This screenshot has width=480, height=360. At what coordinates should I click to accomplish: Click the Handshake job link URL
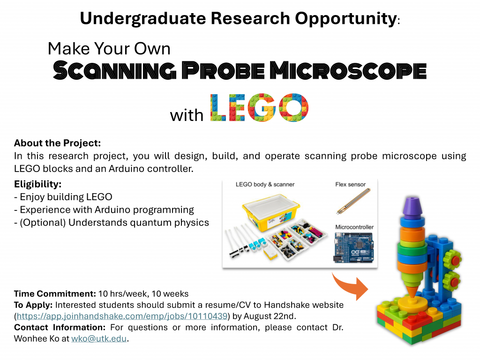point(122,316)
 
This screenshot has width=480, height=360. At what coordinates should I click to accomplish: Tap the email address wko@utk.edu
point(99,338)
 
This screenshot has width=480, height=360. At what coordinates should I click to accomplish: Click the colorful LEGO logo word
point(259,108)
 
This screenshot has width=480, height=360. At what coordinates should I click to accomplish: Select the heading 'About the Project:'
point(57,143)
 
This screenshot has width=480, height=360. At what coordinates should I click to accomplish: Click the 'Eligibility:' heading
point(37,184)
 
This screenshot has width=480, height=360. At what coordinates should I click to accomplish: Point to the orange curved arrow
point(350,285)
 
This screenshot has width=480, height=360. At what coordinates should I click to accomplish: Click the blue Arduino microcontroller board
point(353,247)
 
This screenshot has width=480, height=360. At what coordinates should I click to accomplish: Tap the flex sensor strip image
point(353,201)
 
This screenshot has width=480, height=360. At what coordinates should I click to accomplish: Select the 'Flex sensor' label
point(350,184)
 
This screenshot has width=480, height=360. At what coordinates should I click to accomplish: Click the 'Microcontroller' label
point(354,227)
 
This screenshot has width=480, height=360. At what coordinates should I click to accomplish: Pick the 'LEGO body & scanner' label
point(265,184)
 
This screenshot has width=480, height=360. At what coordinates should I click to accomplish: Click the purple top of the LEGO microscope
point(412,206)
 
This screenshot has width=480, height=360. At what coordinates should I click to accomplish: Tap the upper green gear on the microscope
point(451,259)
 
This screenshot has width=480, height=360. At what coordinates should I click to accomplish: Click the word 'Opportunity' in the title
point(345,19)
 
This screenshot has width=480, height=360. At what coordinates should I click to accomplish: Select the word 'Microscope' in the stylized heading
point(348,70)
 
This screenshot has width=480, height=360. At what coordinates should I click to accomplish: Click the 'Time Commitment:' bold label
point(55,293)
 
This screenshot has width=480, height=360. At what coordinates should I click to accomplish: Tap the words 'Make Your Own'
point(109,48)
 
